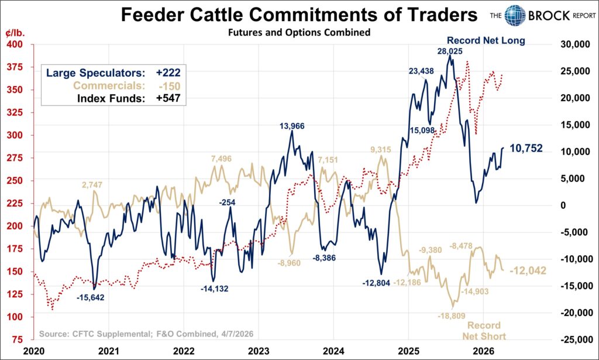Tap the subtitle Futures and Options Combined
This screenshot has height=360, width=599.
coord(299,33)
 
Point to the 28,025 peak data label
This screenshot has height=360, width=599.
coord(450,51)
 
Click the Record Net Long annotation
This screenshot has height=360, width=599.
coord(486,40)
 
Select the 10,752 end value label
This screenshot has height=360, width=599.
coord(526,149)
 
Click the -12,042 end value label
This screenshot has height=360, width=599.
coord(528,271)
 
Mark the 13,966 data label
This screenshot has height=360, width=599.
coord(292,126)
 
